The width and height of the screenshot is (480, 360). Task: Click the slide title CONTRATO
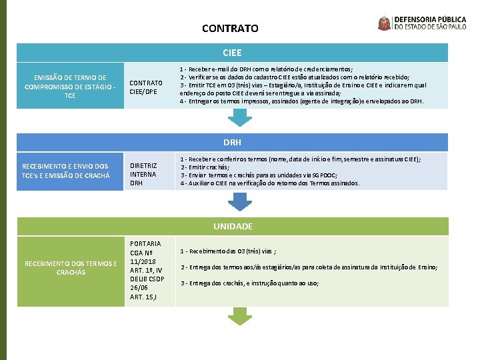tap(230, 29)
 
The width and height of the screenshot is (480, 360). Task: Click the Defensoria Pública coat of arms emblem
tap(385, 23)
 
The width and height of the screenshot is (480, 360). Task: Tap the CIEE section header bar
tap(233, 52)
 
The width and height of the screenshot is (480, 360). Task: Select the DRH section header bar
tap(233, 142)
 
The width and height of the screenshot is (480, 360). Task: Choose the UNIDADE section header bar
tap(233, 226)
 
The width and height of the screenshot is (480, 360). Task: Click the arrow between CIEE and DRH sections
tap(238, 118)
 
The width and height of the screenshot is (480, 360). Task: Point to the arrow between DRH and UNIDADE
tap(238, 202)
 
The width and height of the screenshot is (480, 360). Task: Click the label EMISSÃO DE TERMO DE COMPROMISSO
tap(70, 87)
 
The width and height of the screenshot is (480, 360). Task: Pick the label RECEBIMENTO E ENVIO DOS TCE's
tap(65, 171)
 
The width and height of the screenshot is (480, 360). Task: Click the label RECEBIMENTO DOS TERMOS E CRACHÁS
tap(71, 268)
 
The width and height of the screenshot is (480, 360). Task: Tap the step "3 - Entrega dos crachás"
tap(249, 283)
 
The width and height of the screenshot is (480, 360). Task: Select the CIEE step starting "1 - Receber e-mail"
tap(267, 69)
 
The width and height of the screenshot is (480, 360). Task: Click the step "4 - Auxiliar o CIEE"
tap(269, 183)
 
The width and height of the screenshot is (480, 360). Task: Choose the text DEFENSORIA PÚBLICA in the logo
tap(434, 19)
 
